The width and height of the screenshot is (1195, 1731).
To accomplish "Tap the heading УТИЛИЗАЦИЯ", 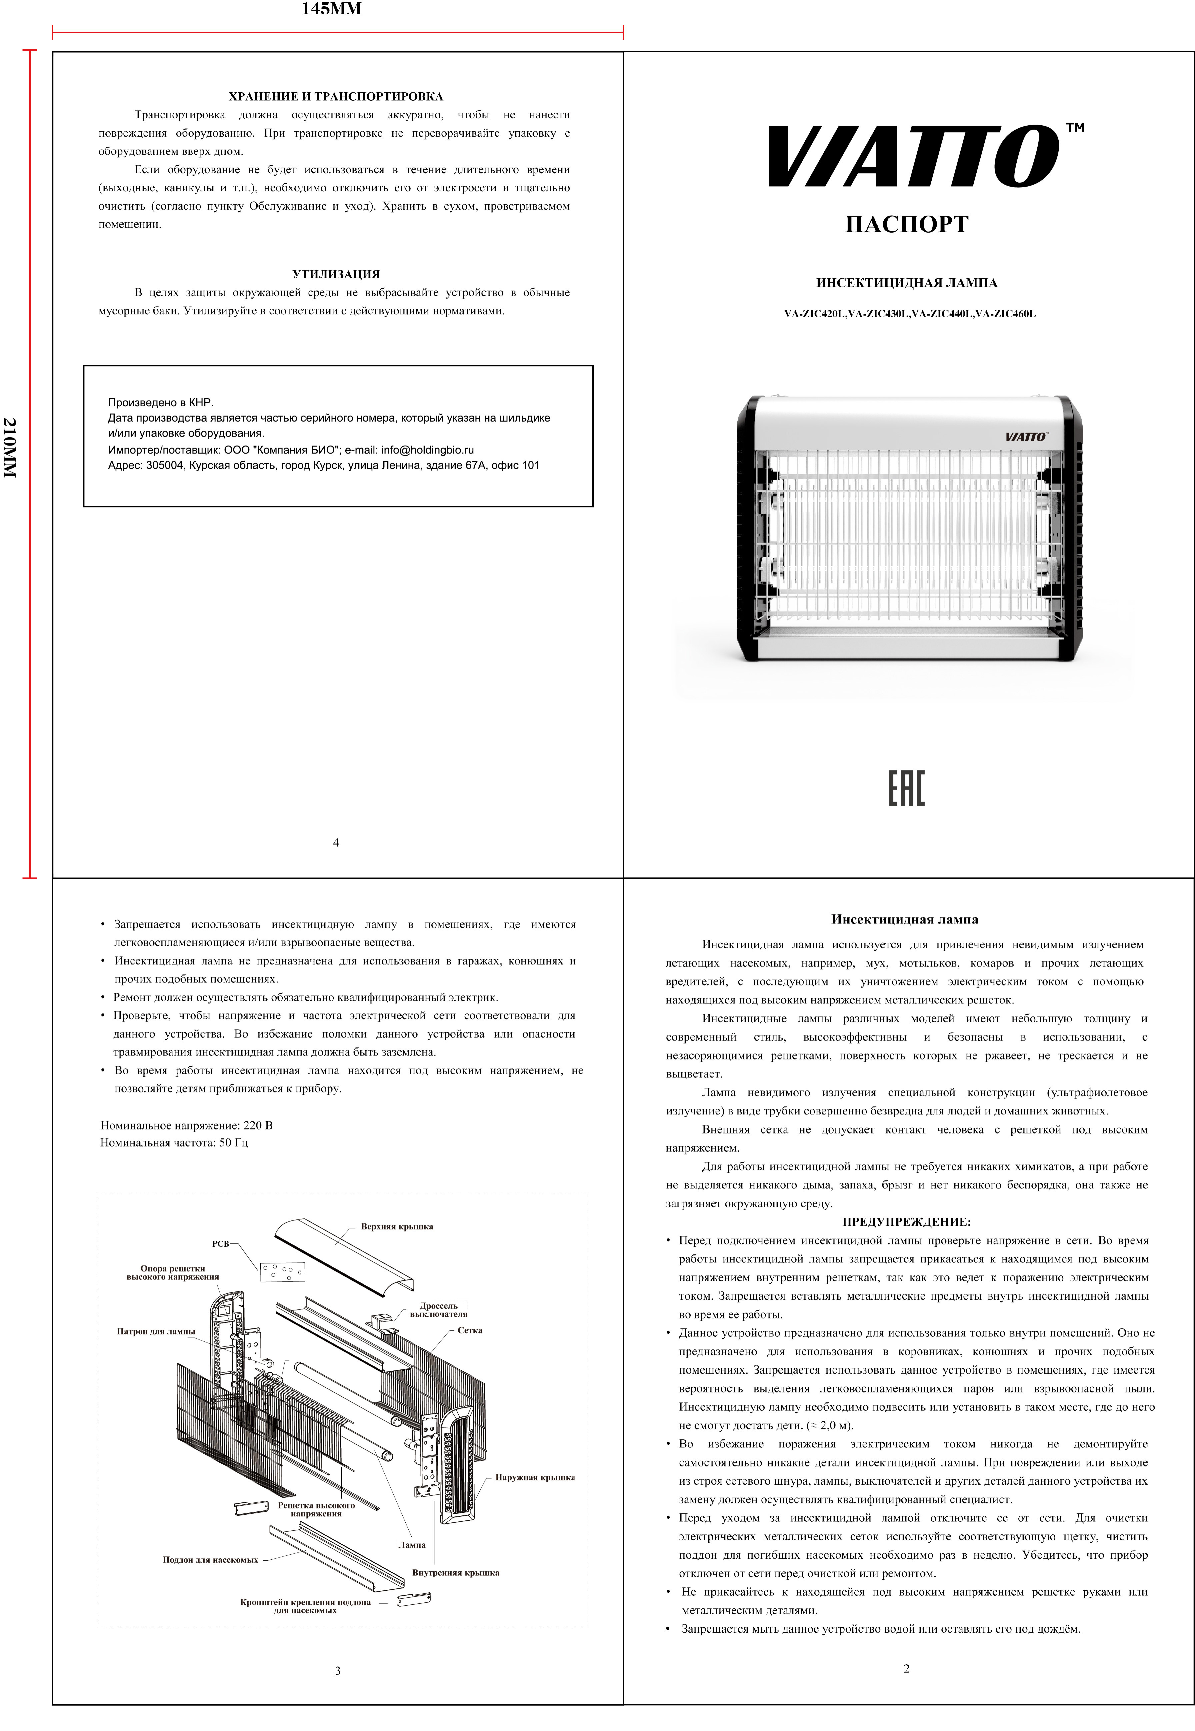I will [x=336, y=274].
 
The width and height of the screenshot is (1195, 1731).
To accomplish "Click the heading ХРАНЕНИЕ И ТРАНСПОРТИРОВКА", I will [x=335, y=97].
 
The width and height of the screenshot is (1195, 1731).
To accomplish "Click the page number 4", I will [x=336, y=843].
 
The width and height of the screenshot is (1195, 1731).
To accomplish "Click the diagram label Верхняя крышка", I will [x=397, y=1226].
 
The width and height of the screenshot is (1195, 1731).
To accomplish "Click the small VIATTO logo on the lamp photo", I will [x=1026, y=436].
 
